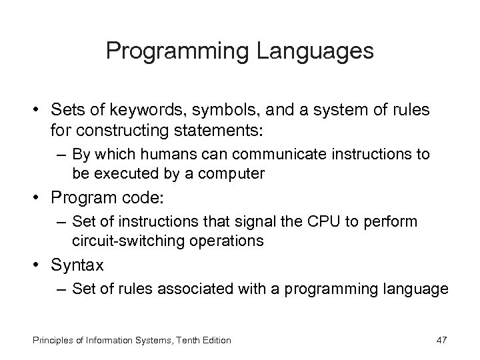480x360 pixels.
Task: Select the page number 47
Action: [440, 340]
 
